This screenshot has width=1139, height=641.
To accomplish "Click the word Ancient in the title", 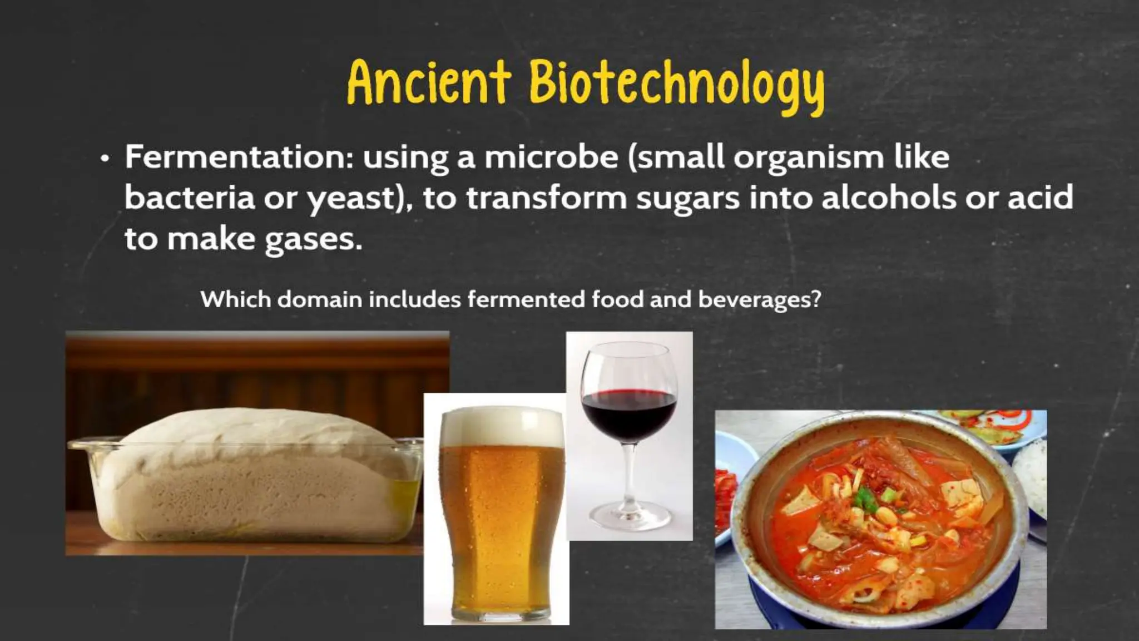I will click(428, 83).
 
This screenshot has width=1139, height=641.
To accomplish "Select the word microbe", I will click(551, 157).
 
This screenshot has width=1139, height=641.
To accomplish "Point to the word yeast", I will click(351, 199).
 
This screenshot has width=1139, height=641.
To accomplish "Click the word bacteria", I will click(189, 198).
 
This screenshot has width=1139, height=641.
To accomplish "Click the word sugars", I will click(687, 199).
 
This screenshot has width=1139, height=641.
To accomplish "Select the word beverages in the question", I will click(759, 300).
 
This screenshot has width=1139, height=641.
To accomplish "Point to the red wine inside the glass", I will click(629, 415).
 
